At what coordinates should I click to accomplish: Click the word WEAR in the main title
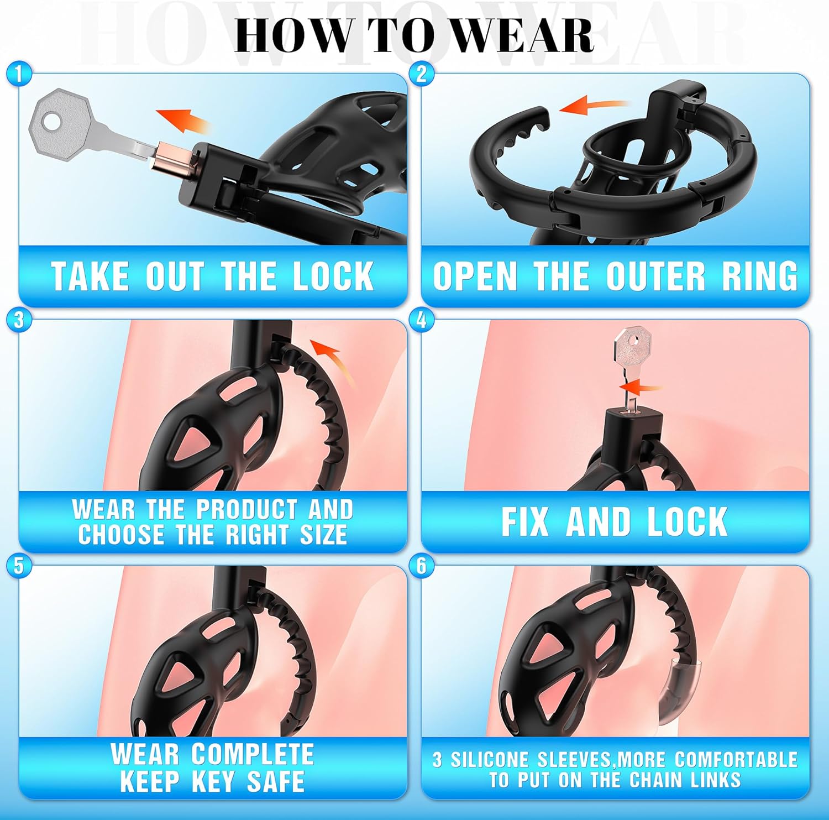click(x=526, y=36)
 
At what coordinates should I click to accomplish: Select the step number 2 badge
click(x=422, y=74)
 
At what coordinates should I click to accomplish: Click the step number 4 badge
click(x=422, y=320)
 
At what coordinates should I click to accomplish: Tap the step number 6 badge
click(x=422, y=565)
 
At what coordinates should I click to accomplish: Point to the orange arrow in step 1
click(x=182, y=120)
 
